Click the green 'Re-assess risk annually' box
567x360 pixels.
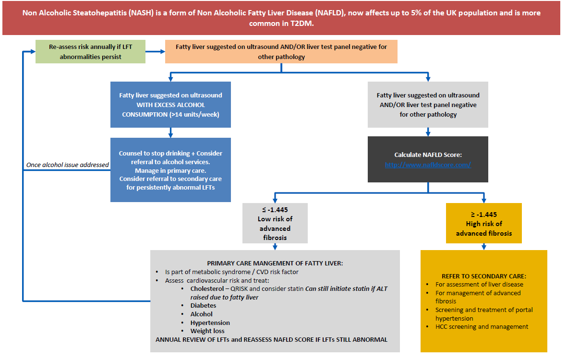90,52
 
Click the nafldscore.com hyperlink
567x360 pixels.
428,165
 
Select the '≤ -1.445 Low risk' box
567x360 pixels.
275,223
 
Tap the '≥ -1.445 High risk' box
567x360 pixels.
483,223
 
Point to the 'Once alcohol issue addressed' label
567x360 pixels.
67,165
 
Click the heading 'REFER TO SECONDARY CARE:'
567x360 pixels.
484,276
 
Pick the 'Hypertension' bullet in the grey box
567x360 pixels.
210,323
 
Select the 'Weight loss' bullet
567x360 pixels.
207,331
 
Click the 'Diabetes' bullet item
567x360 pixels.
203,305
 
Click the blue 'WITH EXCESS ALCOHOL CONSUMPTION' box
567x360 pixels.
170,105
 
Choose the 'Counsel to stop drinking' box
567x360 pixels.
170,170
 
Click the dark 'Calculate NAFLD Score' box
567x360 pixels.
428,159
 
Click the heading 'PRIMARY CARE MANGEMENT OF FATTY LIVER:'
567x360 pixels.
275,263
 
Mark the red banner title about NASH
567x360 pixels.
281,18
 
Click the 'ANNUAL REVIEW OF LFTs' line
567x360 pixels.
271,339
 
